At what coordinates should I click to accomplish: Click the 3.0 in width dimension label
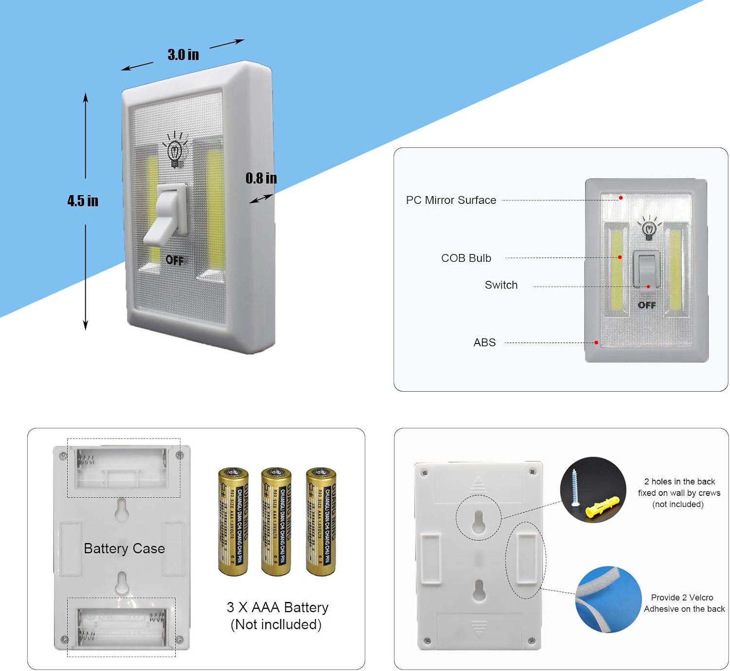183,54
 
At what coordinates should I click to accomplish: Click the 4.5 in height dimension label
83,200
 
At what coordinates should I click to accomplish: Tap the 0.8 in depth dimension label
261,178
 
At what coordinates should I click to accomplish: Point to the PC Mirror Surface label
451,200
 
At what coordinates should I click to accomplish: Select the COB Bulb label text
466,258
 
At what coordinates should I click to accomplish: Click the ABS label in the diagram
484,343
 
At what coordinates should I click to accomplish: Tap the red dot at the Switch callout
648,287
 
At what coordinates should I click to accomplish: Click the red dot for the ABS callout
596,343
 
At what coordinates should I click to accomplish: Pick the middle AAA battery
276,521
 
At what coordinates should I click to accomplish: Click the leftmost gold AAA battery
233,521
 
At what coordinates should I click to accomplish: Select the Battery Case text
124,548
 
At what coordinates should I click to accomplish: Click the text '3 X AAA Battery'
277,607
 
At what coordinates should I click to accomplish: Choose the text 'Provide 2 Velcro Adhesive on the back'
684,603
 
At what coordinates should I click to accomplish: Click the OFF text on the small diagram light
647,305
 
